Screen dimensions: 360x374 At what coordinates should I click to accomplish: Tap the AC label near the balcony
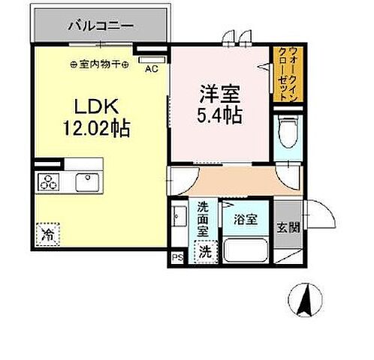tap(151, 70)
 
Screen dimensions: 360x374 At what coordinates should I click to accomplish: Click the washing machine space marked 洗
tap(205, 252)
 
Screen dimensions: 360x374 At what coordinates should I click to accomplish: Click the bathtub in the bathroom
tap(245, 250)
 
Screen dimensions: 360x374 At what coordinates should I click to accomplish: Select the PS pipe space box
tap(177, 259)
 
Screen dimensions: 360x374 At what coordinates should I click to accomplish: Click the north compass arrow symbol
tap(306, 302)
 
